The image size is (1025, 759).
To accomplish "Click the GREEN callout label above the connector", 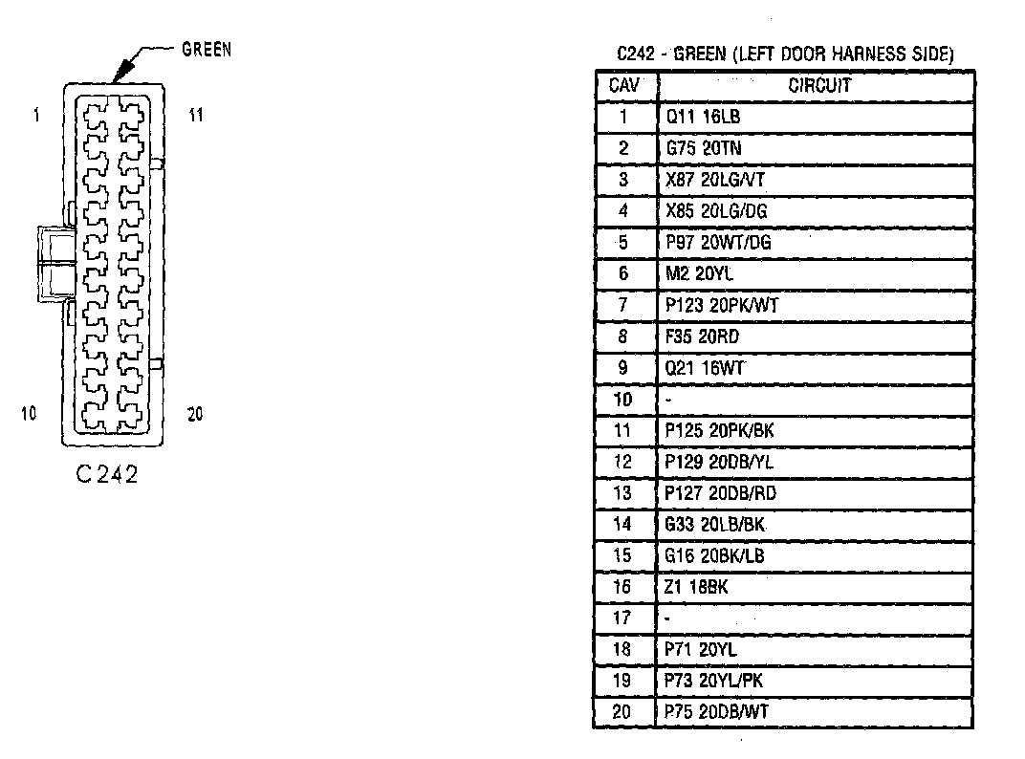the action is pyautogui.click(x=207, y=50).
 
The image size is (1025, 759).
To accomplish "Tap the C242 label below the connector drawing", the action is pyautogui.click(x=106, y=474).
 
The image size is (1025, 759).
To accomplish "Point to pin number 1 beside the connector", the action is pyautogui.click(x=35, y=116).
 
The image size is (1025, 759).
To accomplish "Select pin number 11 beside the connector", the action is pyautogui.click(x=195, y=116).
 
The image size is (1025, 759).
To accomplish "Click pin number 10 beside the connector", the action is pyautogui.click(x=29, y=414).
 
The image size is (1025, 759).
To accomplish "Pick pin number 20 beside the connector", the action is pyautogui.click(x=195, y=414).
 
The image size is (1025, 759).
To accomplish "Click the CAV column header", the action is pyautogui.click(x=623, y=85).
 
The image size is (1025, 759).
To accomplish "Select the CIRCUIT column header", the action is pyautogui.click(x=818, y=85).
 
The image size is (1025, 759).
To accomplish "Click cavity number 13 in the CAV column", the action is pyautogui.click(x=623, y=493).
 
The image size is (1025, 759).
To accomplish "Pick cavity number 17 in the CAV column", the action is pyautogui.click(x=623, y=618).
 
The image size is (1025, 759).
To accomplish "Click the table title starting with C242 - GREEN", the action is pyautogui.click(x=785, y=54).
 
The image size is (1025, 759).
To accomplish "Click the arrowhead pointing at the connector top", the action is pyautogui.click(x=120, y=73).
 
